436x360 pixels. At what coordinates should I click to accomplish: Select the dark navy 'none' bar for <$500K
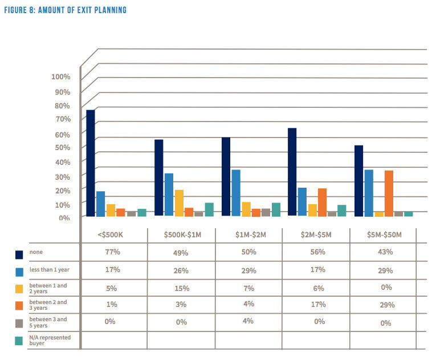(91, 163)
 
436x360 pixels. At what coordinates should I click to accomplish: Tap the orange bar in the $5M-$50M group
(389, 193)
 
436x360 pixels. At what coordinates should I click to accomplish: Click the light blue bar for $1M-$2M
(236, 193)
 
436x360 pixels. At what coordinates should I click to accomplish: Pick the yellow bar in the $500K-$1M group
(179, 203)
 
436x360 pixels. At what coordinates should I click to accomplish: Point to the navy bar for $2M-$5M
(292, 172)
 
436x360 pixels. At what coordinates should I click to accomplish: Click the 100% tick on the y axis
(60, 77)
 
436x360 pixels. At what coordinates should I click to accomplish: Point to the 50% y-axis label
(62, 147)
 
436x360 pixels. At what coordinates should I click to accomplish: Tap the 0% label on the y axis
(64, 217)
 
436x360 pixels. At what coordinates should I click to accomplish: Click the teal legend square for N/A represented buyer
(19, 341)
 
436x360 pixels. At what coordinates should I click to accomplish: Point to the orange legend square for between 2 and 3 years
(19, 305)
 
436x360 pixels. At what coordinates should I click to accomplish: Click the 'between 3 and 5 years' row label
(48, 323)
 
